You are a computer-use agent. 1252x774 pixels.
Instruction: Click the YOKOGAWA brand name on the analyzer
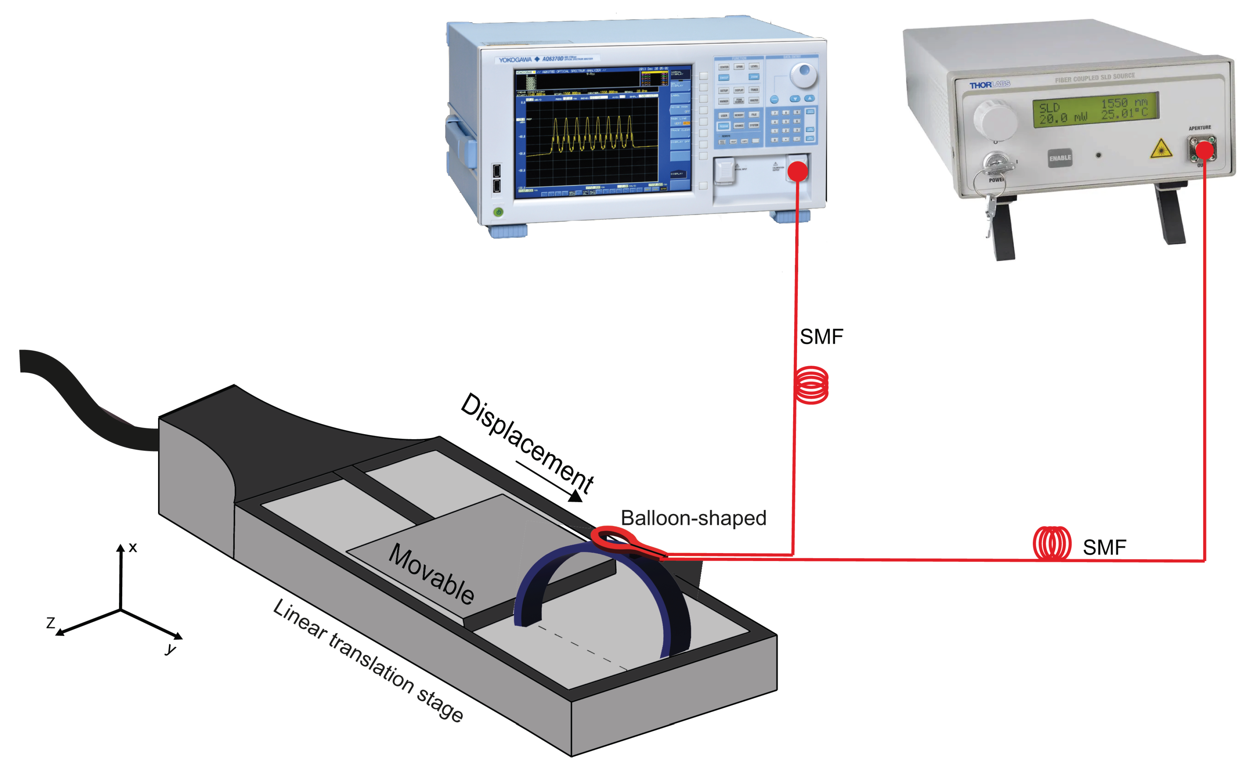(515, 60)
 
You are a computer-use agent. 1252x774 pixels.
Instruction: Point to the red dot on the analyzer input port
(797, 172)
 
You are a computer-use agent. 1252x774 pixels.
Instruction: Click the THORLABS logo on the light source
(989, 84)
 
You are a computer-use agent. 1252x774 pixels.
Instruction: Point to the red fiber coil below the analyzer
(812, 385)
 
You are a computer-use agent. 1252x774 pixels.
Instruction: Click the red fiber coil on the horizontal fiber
(1051, 544)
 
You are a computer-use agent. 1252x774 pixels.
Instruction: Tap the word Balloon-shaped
(693, 518)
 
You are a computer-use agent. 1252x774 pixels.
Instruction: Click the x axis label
(132, 548)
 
